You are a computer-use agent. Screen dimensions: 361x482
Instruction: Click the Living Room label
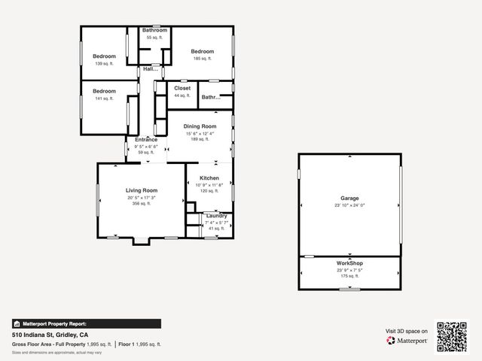(x=141, y=191)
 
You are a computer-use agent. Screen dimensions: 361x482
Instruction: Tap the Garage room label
(x=349, y=199)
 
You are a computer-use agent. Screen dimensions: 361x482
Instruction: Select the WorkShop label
(x=349, y=263)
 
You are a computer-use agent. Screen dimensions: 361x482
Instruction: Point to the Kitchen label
(x=209, y=178)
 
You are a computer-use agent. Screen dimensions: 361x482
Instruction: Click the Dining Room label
(x=200, y=126)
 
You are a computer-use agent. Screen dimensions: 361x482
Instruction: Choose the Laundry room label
(x=216, y=216)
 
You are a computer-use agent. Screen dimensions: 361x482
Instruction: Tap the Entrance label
(x=146, y=140)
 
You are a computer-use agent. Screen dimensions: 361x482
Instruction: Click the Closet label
(x=182, y=88)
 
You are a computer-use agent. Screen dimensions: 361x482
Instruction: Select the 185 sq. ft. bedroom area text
(x=202, y=58)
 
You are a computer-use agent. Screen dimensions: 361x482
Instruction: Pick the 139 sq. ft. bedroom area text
(x=104, y=63)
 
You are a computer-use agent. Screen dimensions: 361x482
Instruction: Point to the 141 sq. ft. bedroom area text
(x=104, y=98)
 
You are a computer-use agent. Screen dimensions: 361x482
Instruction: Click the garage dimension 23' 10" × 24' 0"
(x=349, y=205)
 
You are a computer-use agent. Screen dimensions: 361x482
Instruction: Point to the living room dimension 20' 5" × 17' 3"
(x=141, y=197)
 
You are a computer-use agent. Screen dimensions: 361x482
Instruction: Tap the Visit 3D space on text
(x=407, y=331)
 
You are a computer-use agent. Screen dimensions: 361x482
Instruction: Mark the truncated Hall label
(x=151, y=69)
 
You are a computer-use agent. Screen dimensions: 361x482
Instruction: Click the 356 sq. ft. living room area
(x=141, y=203)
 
